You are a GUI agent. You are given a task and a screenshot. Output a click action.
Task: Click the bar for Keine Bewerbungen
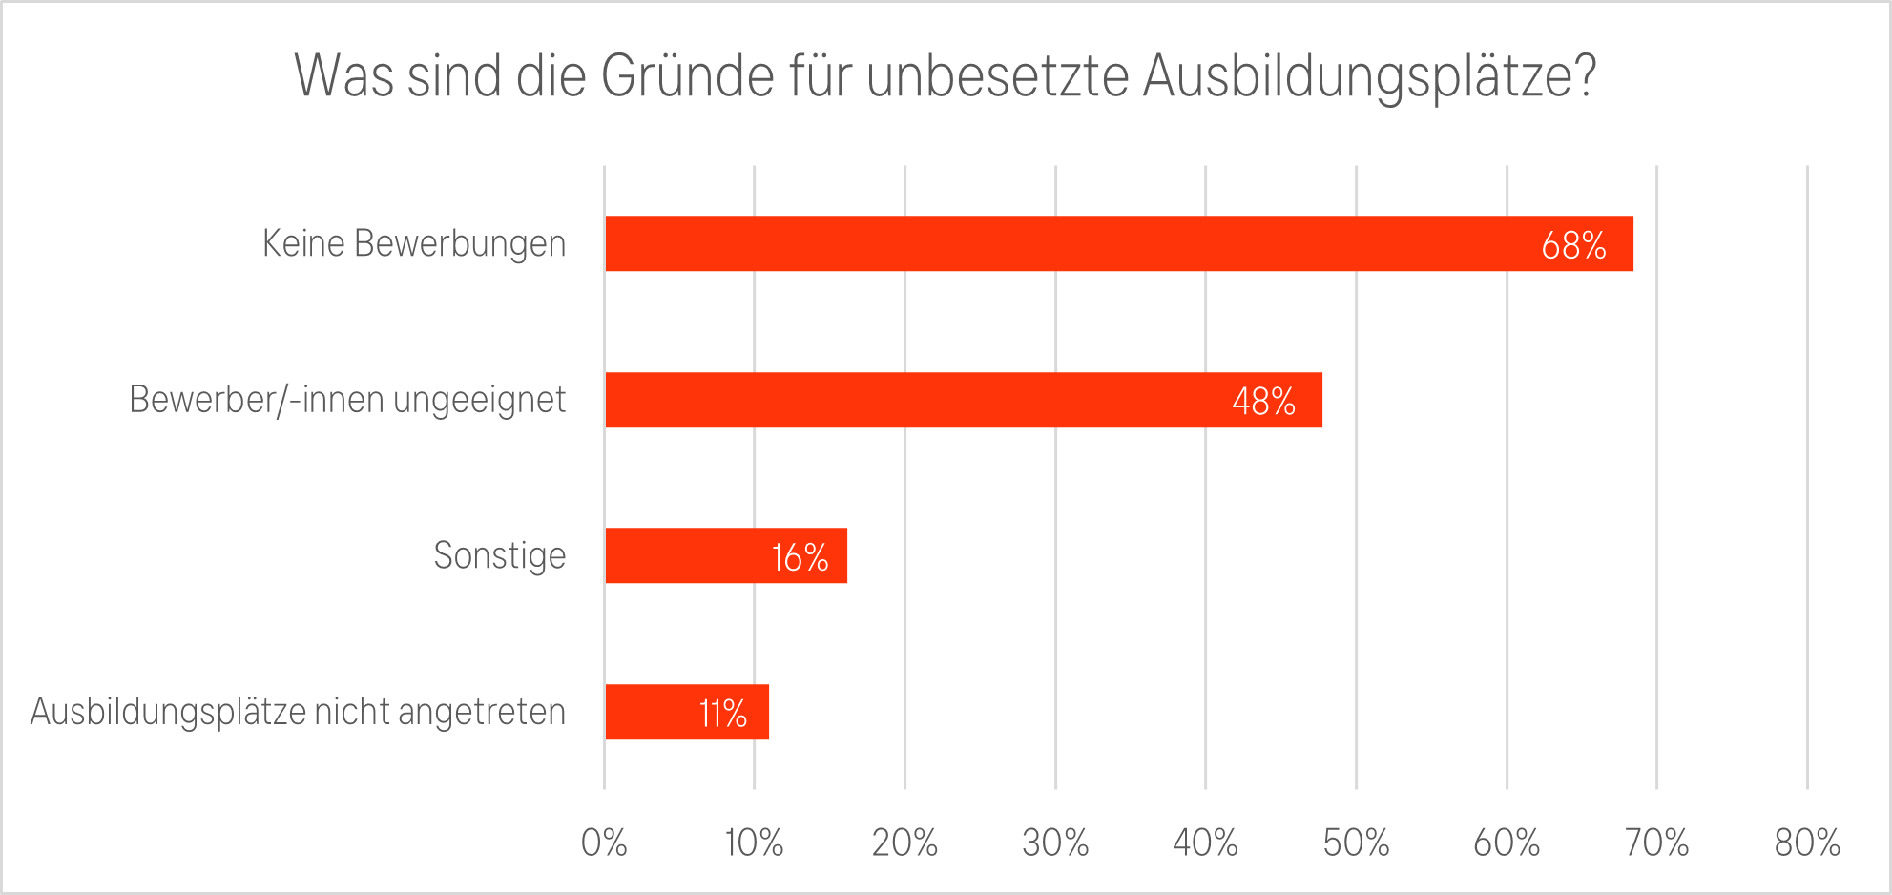pyautogui.click(x=1118, y=243)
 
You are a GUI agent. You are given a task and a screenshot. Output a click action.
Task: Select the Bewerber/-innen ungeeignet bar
pyautogui.click(x=964, y=400)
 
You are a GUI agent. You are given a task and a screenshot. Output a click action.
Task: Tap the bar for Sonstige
pyautogui.click(x=725, y=555)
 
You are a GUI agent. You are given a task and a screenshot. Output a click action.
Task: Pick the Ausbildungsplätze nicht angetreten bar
pyautogui.click(x=687, y=712)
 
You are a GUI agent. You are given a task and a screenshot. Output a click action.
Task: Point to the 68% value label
pyautogui.click(x=1573, y=245)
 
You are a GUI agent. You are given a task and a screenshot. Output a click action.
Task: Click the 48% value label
pyautogui.click(x=1263, y=402)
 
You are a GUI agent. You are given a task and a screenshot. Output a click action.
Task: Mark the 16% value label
pyautogui.click(x=800, y=557)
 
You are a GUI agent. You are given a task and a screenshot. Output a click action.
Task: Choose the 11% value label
pyautogui.click(x=722, y=714)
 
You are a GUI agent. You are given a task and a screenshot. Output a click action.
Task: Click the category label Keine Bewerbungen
pyautogui.click(x=414, y=243)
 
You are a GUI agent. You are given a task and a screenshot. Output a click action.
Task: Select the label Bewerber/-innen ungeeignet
pyautogui.click(x=347, y=400)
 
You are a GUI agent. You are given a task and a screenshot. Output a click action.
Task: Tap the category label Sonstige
pyautogui.click(x=499, y=555)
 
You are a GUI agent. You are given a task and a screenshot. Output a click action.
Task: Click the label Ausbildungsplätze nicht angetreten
pyautogui.click(x=298, y=712)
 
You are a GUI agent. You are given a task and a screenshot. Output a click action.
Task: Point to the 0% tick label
pyautogui.click(x=604, y=843)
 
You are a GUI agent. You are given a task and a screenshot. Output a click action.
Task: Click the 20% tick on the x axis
pyautogui.click(x=904, y=843)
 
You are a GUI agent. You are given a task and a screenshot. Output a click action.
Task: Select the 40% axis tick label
pyautogui.click(x=1205, y=843)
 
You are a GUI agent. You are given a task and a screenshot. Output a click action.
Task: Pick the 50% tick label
pyautogui.click(x=1356, y=843)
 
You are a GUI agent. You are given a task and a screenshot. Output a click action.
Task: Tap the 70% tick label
pyautogui.click(x=1656, y=843)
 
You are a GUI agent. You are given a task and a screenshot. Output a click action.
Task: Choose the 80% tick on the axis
pyautogui.click(x=1807, y=843)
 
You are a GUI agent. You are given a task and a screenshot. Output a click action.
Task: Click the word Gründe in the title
pyautogui.click(x=687, y=75)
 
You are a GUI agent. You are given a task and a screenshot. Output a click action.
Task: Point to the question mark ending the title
pyautogui.click(x=1585, y=75)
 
